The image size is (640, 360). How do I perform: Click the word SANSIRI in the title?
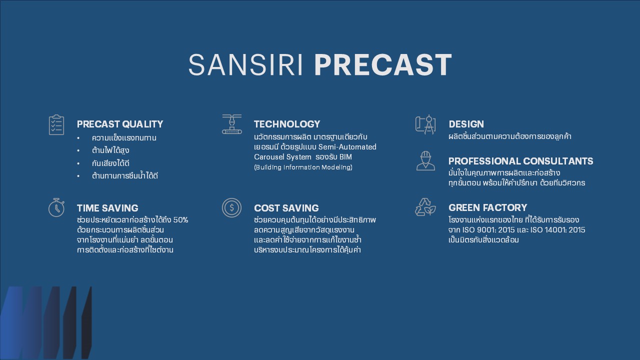point(245,65)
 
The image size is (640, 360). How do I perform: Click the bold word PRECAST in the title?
point(383,65)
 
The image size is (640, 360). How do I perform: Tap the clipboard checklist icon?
point(56,125)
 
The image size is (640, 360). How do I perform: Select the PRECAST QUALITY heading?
point(120,124)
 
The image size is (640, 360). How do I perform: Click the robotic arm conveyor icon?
point(231,124)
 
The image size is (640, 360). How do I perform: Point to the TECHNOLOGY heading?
point(287,124)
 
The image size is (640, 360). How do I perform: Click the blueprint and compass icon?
point(425,124)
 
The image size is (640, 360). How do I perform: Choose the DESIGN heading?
point(466,124)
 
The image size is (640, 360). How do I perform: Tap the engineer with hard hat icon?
point(425,161)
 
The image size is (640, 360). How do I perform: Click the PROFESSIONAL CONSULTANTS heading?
point(521,161)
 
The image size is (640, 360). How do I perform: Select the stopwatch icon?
point(56,207)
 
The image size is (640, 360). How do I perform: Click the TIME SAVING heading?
point(107,208)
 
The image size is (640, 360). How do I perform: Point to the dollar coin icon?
point(231,207)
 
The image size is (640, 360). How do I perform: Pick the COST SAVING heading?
point(286,208)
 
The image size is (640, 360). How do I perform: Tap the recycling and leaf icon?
point(425,207)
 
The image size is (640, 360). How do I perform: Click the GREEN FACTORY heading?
point(487,207)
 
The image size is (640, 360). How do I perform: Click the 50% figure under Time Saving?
point(180,220)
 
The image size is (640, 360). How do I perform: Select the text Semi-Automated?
point(347,147)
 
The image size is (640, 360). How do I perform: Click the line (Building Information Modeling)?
point(303,167)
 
